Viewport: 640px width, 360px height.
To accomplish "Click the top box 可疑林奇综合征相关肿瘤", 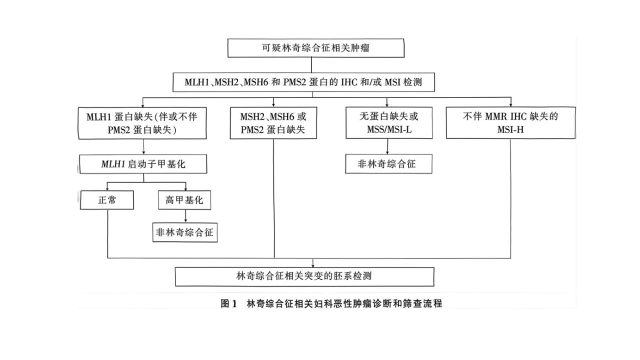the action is pyautogui.click(x=315, y=48).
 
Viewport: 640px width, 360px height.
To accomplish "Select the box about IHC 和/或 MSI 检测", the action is pyautogui.click(x=303, y=82).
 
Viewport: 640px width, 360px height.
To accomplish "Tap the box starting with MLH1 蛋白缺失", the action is pyautogui.click(x=142, y=123).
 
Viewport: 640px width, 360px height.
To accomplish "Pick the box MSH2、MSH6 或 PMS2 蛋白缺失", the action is pyautogui.click(x=273, y=123).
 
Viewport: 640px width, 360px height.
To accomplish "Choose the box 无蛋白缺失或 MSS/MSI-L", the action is pyautogui.click(x=389, y=123).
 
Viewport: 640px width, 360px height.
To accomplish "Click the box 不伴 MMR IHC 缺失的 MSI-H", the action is pyautogui.click(x=511, y=123).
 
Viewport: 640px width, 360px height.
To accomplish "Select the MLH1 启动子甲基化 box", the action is pyautogui.click(x=143, y=164).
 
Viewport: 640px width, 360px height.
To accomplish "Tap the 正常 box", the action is pyautogui.click(x=107, y=200).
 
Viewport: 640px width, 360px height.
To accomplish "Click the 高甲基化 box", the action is pyautogui.click(x=184, y=200).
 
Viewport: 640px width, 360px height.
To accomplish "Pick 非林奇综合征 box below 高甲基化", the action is pyautogui.click(x=185, y=232).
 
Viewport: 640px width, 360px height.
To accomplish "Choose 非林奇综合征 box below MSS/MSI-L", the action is pyautogui.click(x=388, y=164).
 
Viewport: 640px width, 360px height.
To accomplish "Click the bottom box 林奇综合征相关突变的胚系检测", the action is pyautogui.click(x=304, y=276).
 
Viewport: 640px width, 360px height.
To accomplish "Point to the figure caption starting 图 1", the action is pyautogui.click(x=331, y=303).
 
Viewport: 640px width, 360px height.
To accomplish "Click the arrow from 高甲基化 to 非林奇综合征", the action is pyautogui.click(x=185, y=216).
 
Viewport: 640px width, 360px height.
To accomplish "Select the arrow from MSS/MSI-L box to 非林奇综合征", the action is pyautogui.click(x=387, y=147).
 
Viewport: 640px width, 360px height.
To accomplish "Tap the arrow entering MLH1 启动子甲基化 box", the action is pyautogui.click(x=143, y=147).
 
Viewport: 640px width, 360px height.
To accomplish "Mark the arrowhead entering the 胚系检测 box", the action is pyautogui.click(x=313, y=265).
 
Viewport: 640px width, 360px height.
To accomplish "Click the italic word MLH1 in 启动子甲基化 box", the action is pyautogui.click(x=113, y=164).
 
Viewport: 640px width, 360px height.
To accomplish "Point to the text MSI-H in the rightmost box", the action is pyautogui.click(x=510, y=130).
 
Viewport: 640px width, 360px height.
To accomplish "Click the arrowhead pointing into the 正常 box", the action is pyautogui.click(x=107, y=188).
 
